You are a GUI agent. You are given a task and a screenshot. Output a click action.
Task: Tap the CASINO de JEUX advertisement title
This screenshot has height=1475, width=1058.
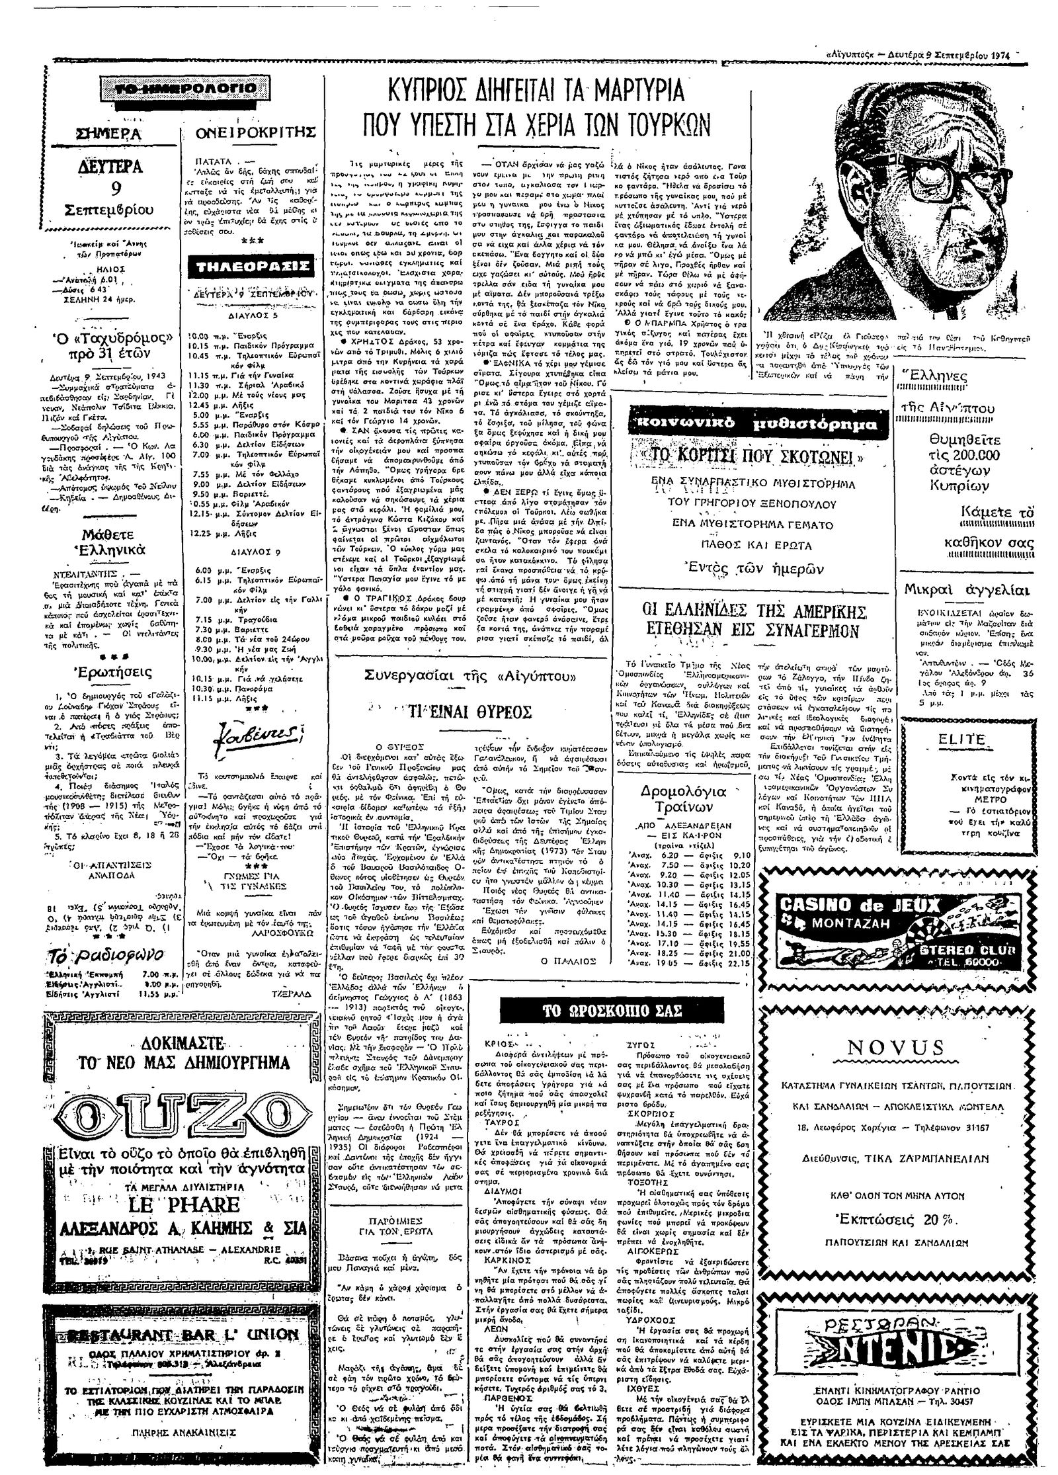(x=860, y=904)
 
